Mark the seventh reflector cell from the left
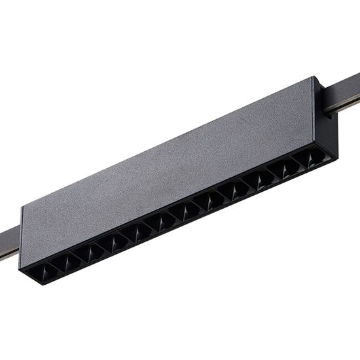tap(187, 211)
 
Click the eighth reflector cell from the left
tap(211, 200)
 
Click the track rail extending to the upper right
tap(347, 98)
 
